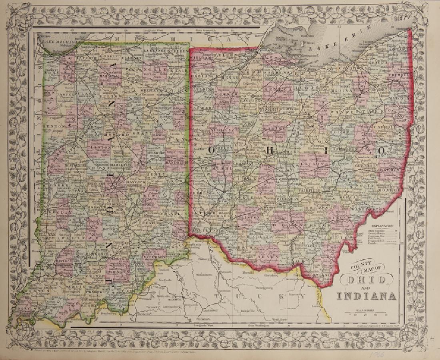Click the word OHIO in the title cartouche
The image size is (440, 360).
tap(366, 280)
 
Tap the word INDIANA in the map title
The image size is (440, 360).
tap(366, 296)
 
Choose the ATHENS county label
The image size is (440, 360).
tap(339, 217)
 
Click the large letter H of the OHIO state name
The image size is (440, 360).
tap(270, 150)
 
